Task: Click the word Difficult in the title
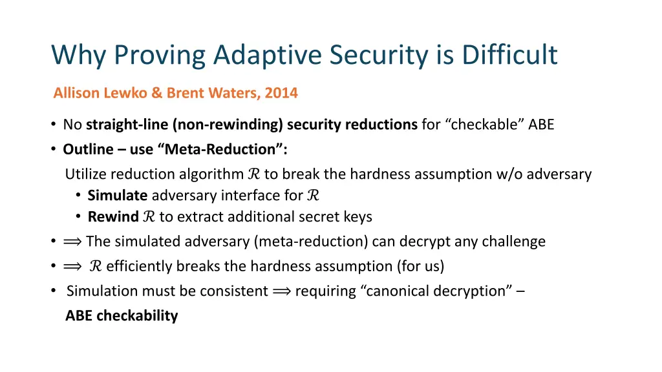pos(509,55)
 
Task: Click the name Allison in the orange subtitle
pos(76,93)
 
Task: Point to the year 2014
pos(281,93)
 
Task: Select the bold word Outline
pos(87,149)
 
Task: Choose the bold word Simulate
pos(118,196)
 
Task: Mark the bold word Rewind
pos(113,217)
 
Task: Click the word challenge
pos(514,242)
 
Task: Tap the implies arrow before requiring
pos(281,291)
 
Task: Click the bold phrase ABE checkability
pos(122,316)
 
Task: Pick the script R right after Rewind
pos(148,217)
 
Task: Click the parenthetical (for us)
pos(421,266)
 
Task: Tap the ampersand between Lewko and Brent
pos(156,93)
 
